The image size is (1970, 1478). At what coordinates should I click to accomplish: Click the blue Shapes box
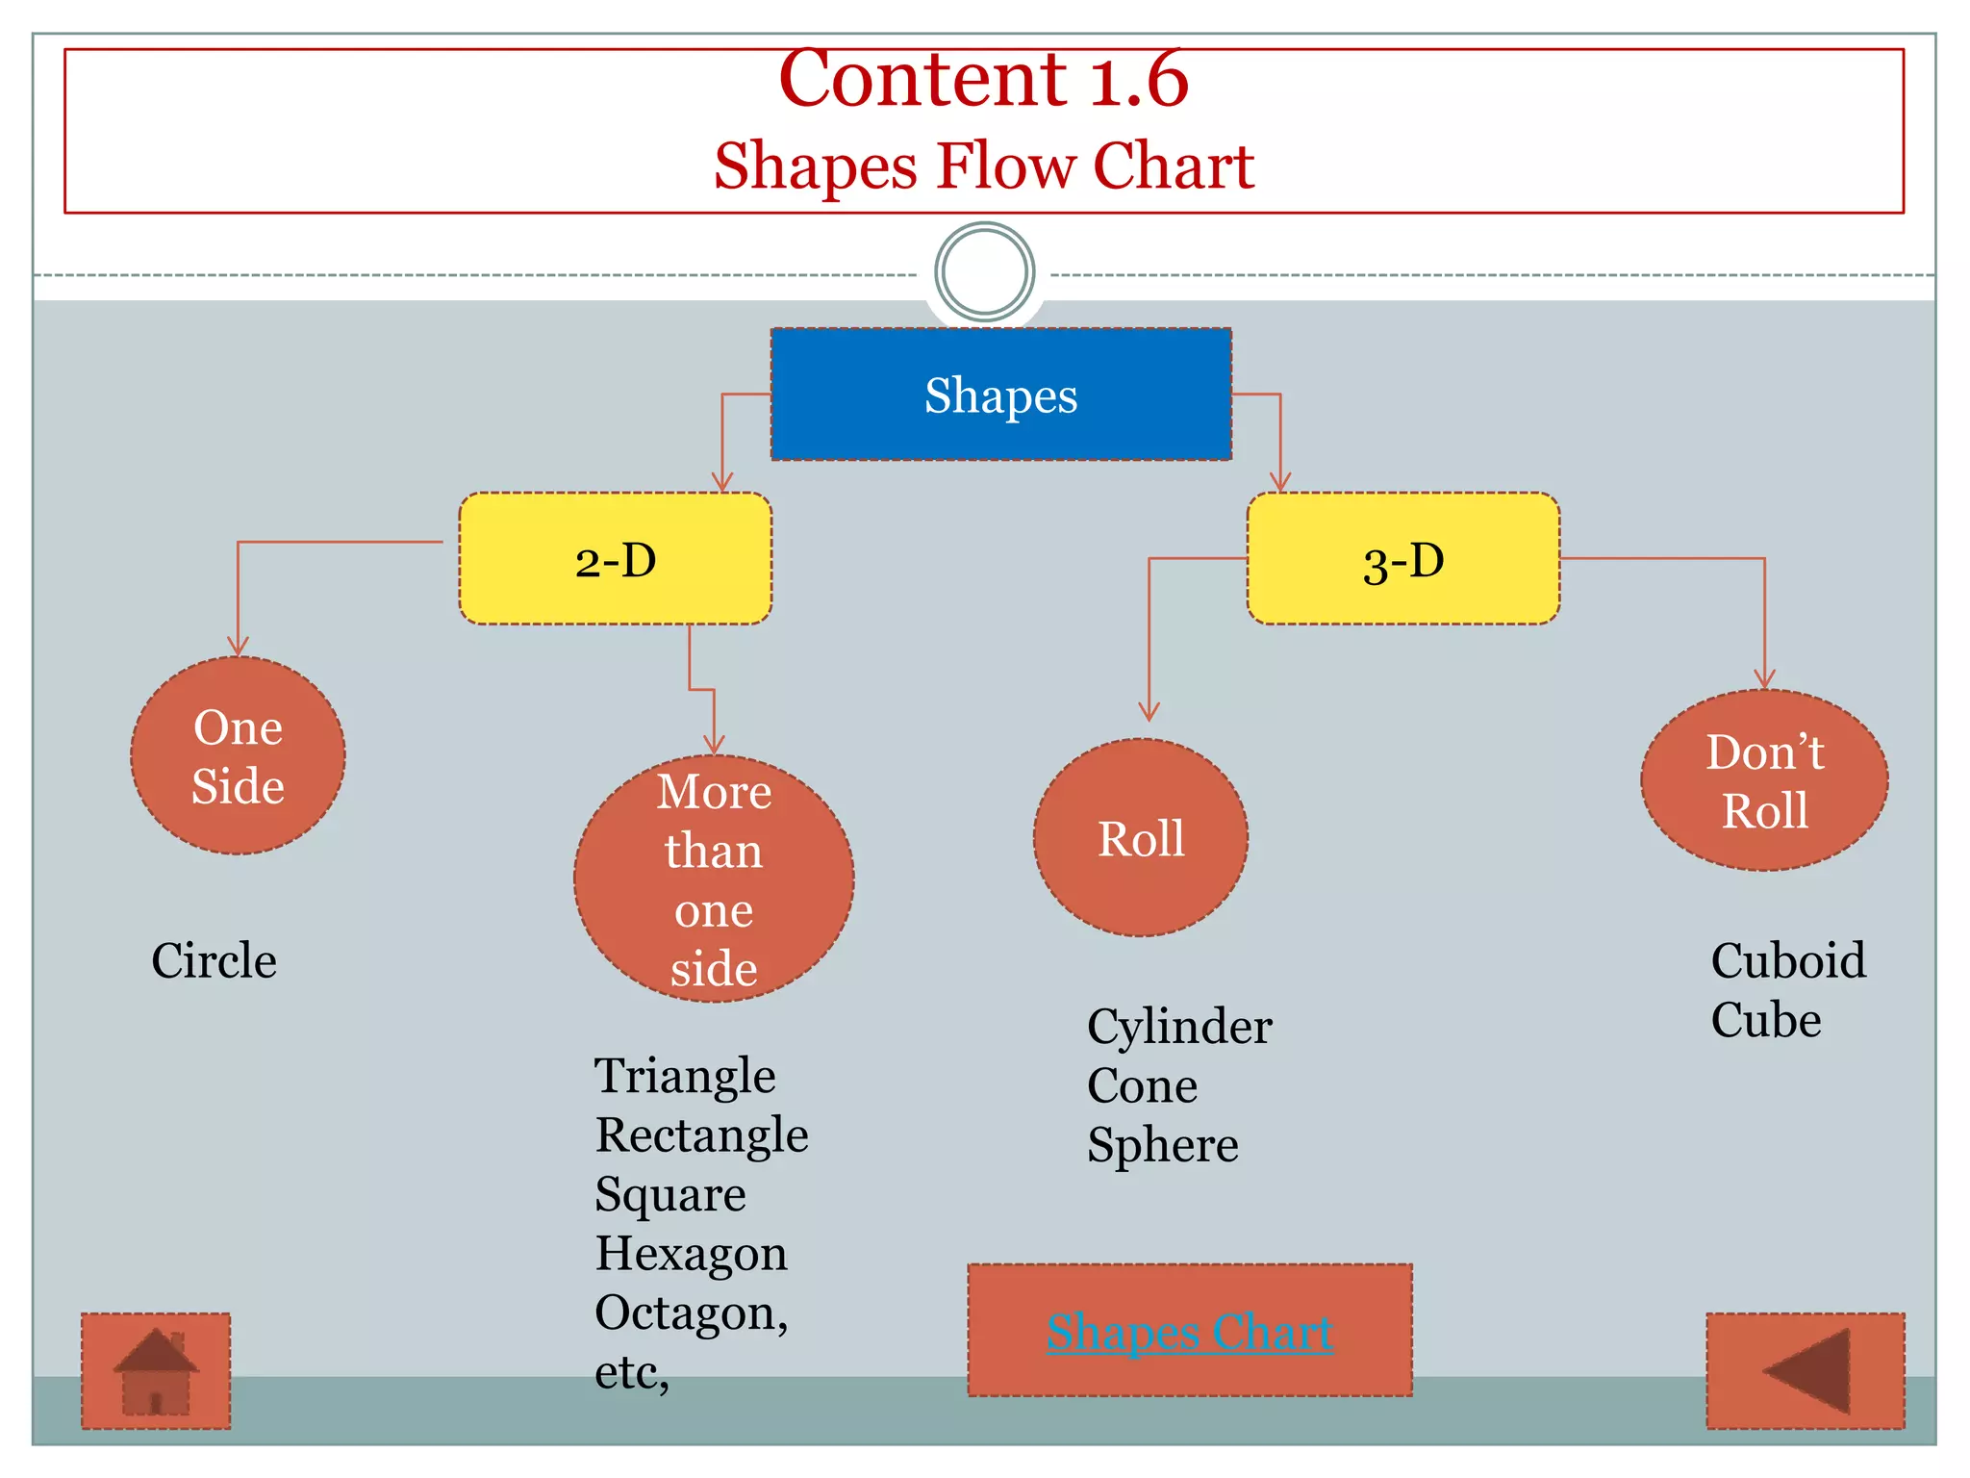click(x=1000, y=395)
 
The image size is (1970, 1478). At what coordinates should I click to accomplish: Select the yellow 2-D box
click(x=616, y=559)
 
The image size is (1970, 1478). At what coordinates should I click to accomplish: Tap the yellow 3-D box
click(x=1402, y=559)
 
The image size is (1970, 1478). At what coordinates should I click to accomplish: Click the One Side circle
click(x=238, y=756)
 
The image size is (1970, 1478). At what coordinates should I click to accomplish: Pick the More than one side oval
click(x=714, y=879)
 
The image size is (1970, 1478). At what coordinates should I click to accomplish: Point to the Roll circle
click(x=1141, y=838)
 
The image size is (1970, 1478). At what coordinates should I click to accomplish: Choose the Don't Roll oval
click(x=1764, y=780)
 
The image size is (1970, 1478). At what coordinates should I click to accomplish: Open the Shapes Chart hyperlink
click(x=1190, y=1333)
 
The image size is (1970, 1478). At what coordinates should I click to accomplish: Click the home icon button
click(x=156, y=1371)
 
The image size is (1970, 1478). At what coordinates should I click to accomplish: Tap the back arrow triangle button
click(x=1806, y=1371)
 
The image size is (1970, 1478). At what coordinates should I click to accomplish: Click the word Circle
click(x=214, y=960)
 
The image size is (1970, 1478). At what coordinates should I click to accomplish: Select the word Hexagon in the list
click(x=691, y=1254)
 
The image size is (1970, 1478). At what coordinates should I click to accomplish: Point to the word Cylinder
click(x=1179, y=1026)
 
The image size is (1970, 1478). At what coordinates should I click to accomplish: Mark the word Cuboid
click(x=1788, y=960)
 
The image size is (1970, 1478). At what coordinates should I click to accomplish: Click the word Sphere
click(x=1163, y=1145)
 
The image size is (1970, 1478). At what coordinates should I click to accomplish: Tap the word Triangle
click(x=685, y=1076)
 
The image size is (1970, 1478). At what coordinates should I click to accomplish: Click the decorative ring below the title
click(x=984, y=272)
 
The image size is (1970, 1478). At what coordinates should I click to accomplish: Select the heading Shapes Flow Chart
click(x=983, y=166)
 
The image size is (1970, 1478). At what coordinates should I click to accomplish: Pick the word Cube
click(x=1766, y=1020)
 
